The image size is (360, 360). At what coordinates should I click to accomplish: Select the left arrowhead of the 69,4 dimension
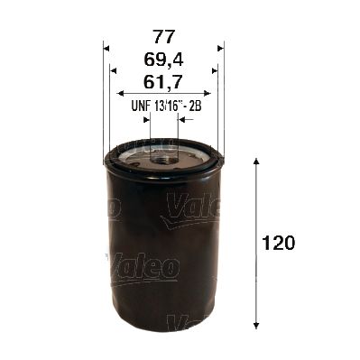coord(113,69)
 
